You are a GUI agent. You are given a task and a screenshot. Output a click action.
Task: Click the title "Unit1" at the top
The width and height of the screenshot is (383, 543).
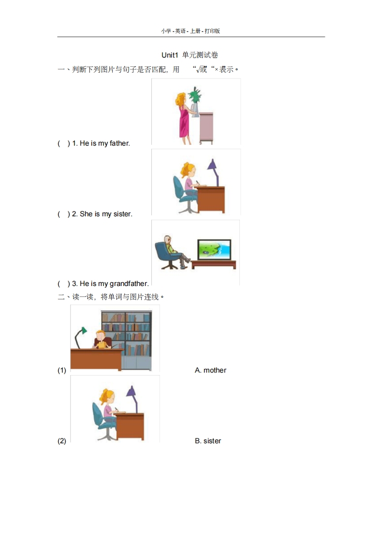(x=170, y=55)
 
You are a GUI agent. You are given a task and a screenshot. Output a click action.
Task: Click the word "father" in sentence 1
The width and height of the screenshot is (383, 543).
(x=119, y=143)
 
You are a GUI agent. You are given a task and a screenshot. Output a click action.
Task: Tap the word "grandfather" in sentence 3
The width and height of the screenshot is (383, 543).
(x=129, y=284)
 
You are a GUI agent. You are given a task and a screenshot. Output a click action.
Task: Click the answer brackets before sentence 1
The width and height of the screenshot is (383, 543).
(x=64, y=143)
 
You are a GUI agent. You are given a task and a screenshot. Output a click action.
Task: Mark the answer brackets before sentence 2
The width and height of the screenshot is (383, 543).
(x=64, y=214)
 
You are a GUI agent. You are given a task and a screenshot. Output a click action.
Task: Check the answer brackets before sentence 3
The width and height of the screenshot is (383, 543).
(x=64, y=284)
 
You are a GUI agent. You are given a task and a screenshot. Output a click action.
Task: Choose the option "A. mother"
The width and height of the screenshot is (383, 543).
(x=210, y=370)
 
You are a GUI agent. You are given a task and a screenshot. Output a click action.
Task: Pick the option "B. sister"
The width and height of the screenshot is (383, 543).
(x=208, y=441)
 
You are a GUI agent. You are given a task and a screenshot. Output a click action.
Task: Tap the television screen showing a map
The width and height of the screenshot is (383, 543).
(x=213, y=249)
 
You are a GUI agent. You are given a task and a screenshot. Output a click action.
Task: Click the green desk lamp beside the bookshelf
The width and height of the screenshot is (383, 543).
(x=80, y=335)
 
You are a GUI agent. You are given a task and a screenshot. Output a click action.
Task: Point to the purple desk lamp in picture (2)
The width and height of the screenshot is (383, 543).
(x=132, y=397)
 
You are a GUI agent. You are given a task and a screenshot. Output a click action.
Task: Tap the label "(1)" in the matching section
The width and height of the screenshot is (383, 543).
(x=62, y=370)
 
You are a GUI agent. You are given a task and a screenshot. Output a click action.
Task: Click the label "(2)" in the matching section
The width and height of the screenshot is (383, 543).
(x=62, y=441)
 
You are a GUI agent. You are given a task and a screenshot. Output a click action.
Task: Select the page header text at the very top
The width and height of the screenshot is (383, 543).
(x=191, y=31)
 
